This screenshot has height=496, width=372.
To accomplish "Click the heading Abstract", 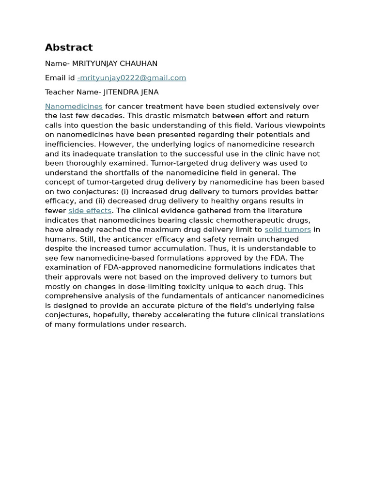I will click(69, 47).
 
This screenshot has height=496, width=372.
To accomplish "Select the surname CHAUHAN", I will click(139, 63).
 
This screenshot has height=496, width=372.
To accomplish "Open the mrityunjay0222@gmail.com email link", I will click(132, 78).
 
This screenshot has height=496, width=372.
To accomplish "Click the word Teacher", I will click(60, 92).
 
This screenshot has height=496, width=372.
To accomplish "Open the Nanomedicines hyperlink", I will click(74, 107).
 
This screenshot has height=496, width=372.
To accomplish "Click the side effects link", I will click(90, 211).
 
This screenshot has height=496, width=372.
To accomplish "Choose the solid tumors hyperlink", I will click(288, 230).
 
